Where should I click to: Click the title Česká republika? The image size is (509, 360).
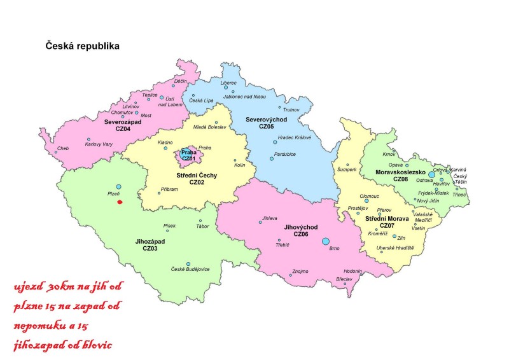tap(82, 46)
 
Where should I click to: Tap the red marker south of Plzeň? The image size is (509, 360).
tap(120, 202)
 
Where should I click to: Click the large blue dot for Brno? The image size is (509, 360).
tap(326, 241)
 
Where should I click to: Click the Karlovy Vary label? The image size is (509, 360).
tap(99, 144)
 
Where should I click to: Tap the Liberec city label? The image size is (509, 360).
tap(228, 83)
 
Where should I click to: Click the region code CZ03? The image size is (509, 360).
tap(150, 249)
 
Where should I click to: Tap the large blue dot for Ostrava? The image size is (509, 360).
tap(431, 174)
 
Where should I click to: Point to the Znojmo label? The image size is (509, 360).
tap(300, 272)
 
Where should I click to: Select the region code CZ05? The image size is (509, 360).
tap(267, 127)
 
